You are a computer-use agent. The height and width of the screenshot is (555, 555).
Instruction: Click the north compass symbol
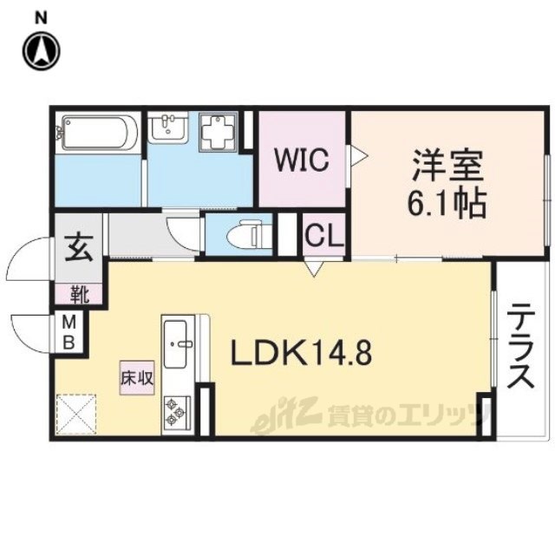point(42,50)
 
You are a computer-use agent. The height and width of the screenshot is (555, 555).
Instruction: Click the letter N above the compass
point(42,18)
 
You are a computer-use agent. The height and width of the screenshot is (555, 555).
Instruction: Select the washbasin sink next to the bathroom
point(166,127)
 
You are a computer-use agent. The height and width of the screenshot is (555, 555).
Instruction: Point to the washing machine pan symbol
point(218,132)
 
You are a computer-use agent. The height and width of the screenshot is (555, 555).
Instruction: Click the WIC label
point(302,160)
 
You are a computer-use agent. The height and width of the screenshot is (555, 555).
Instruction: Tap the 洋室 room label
point(447,166)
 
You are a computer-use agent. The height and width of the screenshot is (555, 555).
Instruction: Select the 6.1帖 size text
point(447,205)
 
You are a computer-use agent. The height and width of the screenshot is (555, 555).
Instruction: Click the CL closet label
point(323,235)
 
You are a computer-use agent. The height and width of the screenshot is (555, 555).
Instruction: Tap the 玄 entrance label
point(79,249)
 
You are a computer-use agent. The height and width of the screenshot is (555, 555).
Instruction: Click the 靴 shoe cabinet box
point(79,294)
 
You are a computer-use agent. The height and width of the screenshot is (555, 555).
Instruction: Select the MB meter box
point(69,332)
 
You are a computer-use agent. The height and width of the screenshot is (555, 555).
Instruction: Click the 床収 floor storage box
point(137,378)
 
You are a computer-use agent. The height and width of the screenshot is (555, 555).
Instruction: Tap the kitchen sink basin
point(176,343)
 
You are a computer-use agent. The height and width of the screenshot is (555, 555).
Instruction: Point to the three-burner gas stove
point(176,412)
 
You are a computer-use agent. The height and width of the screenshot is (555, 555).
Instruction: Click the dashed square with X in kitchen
point(76,415)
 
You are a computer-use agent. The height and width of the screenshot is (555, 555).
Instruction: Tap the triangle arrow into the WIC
point(358,155)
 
